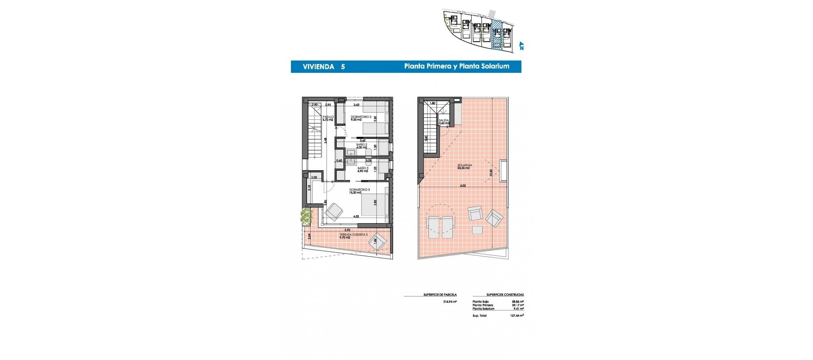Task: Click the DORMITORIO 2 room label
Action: [361, 117]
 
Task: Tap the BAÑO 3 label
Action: [363, 169]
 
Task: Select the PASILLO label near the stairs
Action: [328, 117]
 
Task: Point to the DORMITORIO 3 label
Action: [359, 190]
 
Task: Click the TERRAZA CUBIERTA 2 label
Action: [354, 235]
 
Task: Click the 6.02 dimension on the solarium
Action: [463, 186]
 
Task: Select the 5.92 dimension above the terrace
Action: [347, 230]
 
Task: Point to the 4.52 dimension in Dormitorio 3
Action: [357, 216]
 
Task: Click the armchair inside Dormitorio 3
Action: [334, 211]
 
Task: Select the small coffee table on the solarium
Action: [477, 230]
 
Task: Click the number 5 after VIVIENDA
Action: [343, 67]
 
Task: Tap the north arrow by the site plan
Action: [521, 46]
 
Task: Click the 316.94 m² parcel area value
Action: [450, 302]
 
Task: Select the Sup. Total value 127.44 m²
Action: [517, 316]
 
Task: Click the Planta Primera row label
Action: [483, 305]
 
